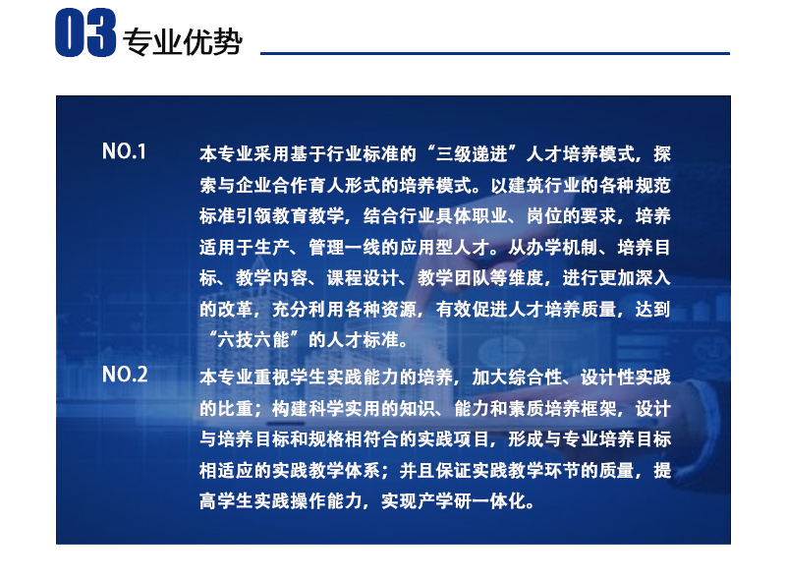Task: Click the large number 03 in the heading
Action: [85, 33]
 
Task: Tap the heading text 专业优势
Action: [183, 41]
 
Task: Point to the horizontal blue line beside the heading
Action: [495, 53]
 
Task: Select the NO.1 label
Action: [125, 151]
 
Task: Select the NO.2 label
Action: [125, 375]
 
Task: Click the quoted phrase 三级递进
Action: [472, 154]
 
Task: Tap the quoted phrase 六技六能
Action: [253, 340]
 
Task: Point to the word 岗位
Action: [545, 216]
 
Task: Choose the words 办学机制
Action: [563, 248]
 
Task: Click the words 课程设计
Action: [363, 278]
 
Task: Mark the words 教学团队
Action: [454, 278]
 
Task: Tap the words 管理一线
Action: [345, 248]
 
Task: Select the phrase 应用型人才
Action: [445, 248]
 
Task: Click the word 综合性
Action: [535, 378]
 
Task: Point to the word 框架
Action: [599, 408]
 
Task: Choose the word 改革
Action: [236, 309]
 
